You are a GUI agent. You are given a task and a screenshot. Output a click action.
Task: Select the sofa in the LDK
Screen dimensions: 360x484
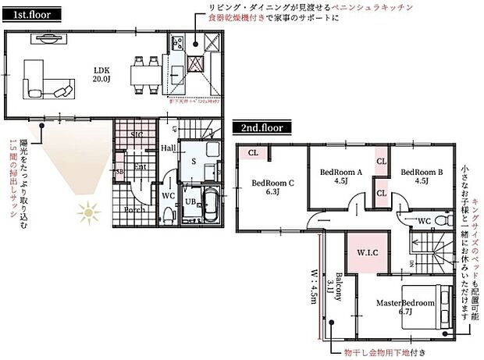pyautogui.click(x=48, y=78)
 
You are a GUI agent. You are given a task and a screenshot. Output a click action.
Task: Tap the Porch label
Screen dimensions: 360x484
pyautogui.click(x=133, y=209)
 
